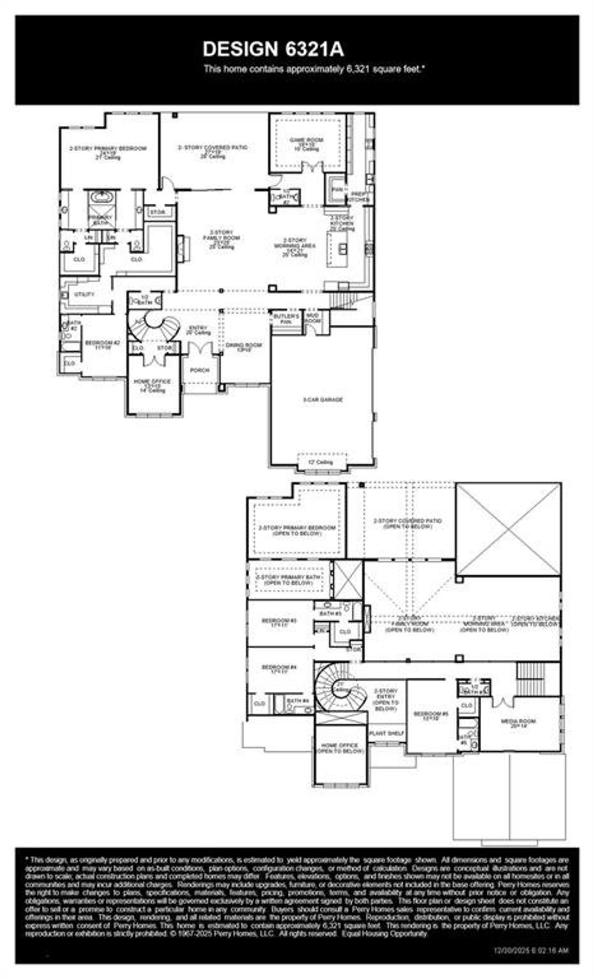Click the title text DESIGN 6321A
tap(273, 49)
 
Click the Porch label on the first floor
tap(200, 370)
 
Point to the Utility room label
tap(84, 294)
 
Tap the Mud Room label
tap(313, 318)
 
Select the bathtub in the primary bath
tap(100, 197)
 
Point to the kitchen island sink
tap(342, 249)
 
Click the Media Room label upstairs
tap(518, 723)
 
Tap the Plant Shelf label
tap(387, 734)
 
